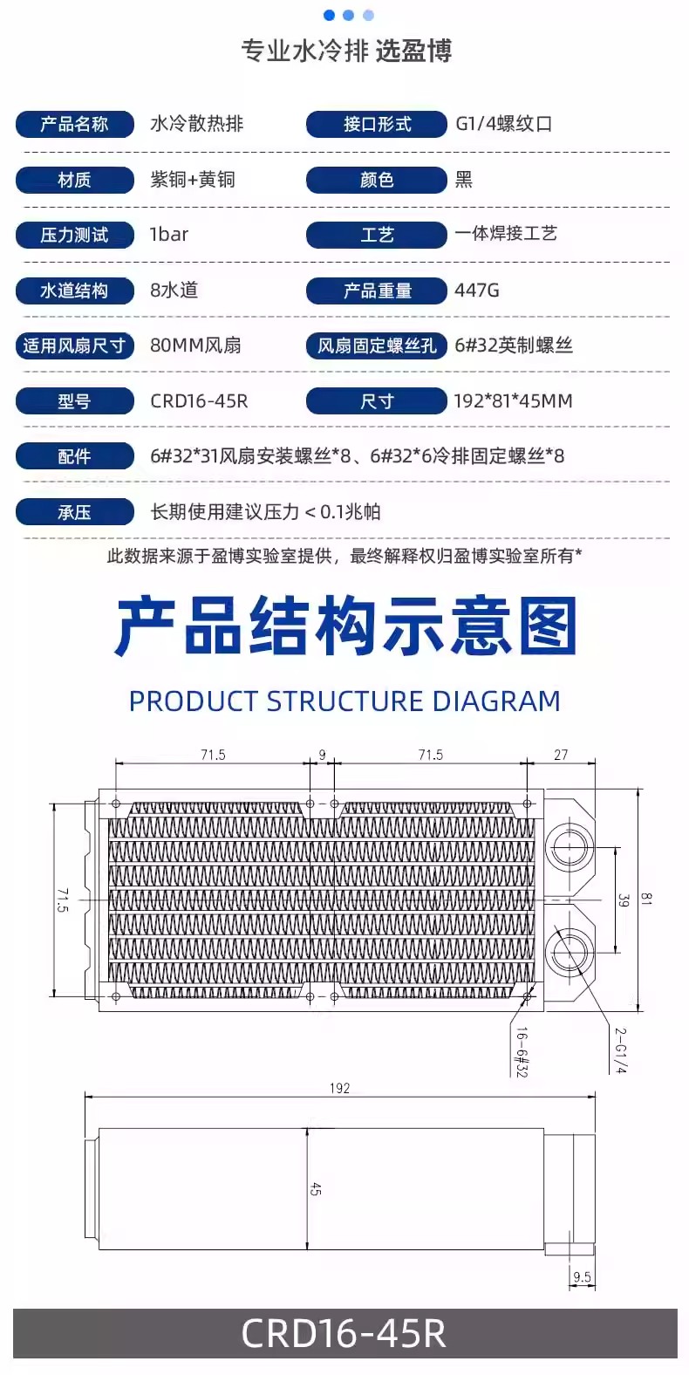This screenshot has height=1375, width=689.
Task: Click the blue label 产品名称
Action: (74, 125)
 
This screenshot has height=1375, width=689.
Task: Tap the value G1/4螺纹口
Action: (504, 124)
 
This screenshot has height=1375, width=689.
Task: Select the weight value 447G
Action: (477, 291)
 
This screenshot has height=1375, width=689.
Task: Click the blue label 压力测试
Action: (74, 235)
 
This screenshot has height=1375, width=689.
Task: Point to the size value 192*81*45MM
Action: (513, 400)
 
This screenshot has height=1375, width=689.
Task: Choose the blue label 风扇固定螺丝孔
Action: (377, 345)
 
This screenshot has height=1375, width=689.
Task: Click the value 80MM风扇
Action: (195, 345)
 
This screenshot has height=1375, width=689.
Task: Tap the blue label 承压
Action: (74, 512)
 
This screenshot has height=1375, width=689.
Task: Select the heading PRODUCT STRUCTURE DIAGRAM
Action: (344, 701)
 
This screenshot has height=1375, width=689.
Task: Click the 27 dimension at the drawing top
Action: (561, 755)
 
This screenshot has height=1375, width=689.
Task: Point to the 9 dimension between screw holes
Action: (322, 755)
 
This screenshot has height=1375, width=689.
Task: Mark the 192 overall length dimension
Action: (339, 1088)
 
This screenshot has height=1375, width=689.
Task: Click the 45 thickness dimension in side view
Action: (315, 1188)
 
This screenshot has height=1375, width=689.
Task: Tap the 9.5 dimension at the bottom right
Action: (582, 1277)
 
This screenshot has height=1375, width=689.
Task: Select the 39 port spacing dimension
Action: (624, 900)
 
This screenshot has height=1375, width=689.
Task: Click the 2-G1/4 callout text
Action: (620, 1051)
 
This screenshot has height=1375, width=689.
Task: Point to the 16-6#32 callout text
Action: (522, 1052)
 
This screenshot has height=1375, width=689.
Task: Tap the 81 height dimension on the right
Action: (645, 900)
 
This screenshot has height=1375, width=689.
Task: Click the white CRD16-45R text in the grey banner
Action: (344, 1333)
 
